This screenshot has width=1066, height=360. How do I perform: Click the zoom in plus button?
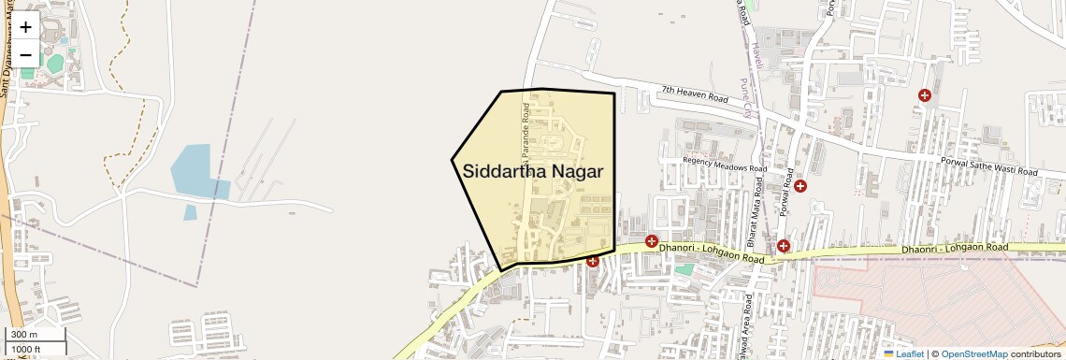click(x=25, y=27)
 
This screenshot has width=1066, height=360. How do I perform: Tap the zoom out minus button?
click(x=25, y=54)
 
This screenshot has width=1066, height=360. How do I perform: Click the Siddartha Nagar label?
click(x=533, y=171)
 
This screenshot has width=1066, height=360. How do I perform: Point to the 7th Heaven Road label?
click(x=694, y=95)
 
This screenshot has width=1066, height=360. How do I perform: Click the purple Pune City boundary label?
click(x=745, y=95)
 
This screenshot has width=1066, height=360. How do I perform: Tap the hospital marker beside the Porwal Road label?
click(x=800, y=186)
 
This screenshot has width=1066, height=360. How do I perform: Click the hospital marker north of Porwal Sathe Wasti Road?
click(x=925, y=95)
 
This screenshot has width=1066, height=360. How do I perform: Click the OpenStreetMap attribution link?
click(x=973, y=353)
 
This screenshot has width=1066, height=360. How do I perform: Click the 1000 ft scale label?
click(x=26, y=350)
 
